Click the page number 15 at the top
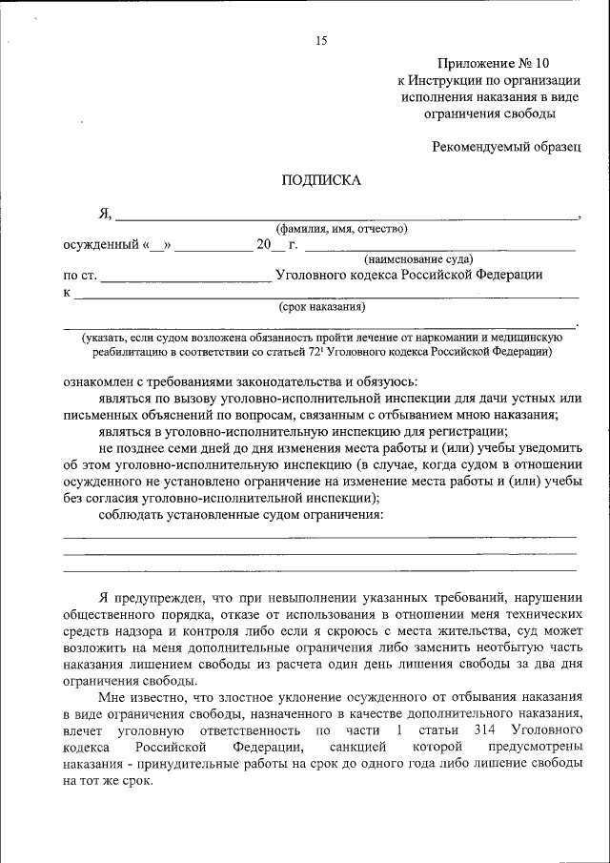pos(320,40)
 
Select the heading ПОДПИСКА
pos(320,179)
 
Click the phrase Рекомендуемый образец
pos(506,147)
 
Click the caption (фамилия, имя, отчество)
pos(341,229)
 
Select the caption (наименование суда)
pos(417,258)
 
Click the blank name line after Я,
pos(343,216)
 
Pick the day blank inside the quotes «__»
pos(157,245)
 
